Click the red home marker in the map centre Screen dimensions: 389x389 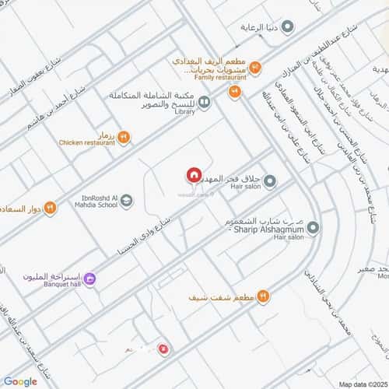194,177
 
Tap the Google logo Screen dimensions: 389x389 20,381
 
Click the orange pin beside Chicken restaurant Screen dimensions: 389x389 124,138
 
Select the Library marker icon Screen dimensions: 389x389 204,101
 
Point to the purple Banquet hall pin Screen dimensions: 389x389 90,278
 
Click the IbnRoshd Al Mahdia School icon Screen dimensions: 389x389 127,202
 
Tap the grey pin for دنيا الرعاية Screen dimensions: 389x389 288,27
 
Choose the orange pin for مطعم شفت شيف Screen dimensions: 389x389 263,296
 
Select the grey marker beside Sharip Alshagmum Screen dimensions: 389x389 313,229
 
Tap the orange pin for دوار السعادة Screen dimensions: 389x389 50,208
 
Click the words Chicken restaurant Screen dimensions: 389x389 86,143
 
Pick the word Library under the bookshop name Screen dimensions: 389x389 185,112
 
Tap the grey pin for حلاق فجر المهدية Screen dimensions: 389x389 270,182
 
